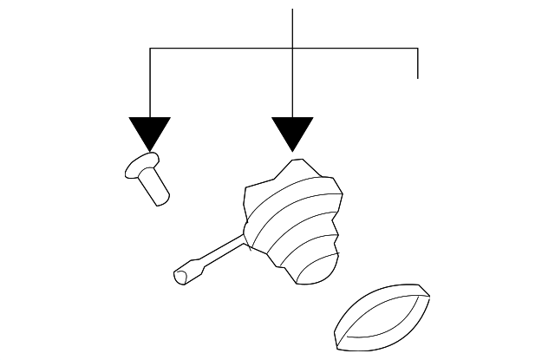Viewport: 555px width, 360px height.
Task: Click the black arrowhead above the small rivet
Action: tap(150, 133)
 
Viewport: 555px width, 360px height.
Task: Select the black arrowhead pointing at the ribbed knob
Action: tap(292, 133)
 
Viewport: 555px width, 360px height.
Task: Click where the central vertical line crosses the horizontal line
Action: tap(293, 49)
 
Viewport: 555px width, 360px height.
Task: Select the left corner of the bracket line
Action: tap(150, 49)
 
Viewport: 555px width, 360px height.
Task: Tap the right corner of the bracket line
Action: tap(419, 49)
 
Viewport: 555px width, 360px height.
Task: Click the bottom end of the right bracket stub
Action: tap(419, 78)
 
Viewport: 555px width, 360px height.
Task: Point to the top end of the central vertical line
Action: tap(293, 10)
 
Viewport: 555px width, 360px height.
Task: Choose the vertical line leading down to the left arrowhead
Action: tap(150, 82)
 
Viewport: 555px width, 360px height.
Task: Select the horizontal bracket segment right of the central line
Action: tap(356, 49)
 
